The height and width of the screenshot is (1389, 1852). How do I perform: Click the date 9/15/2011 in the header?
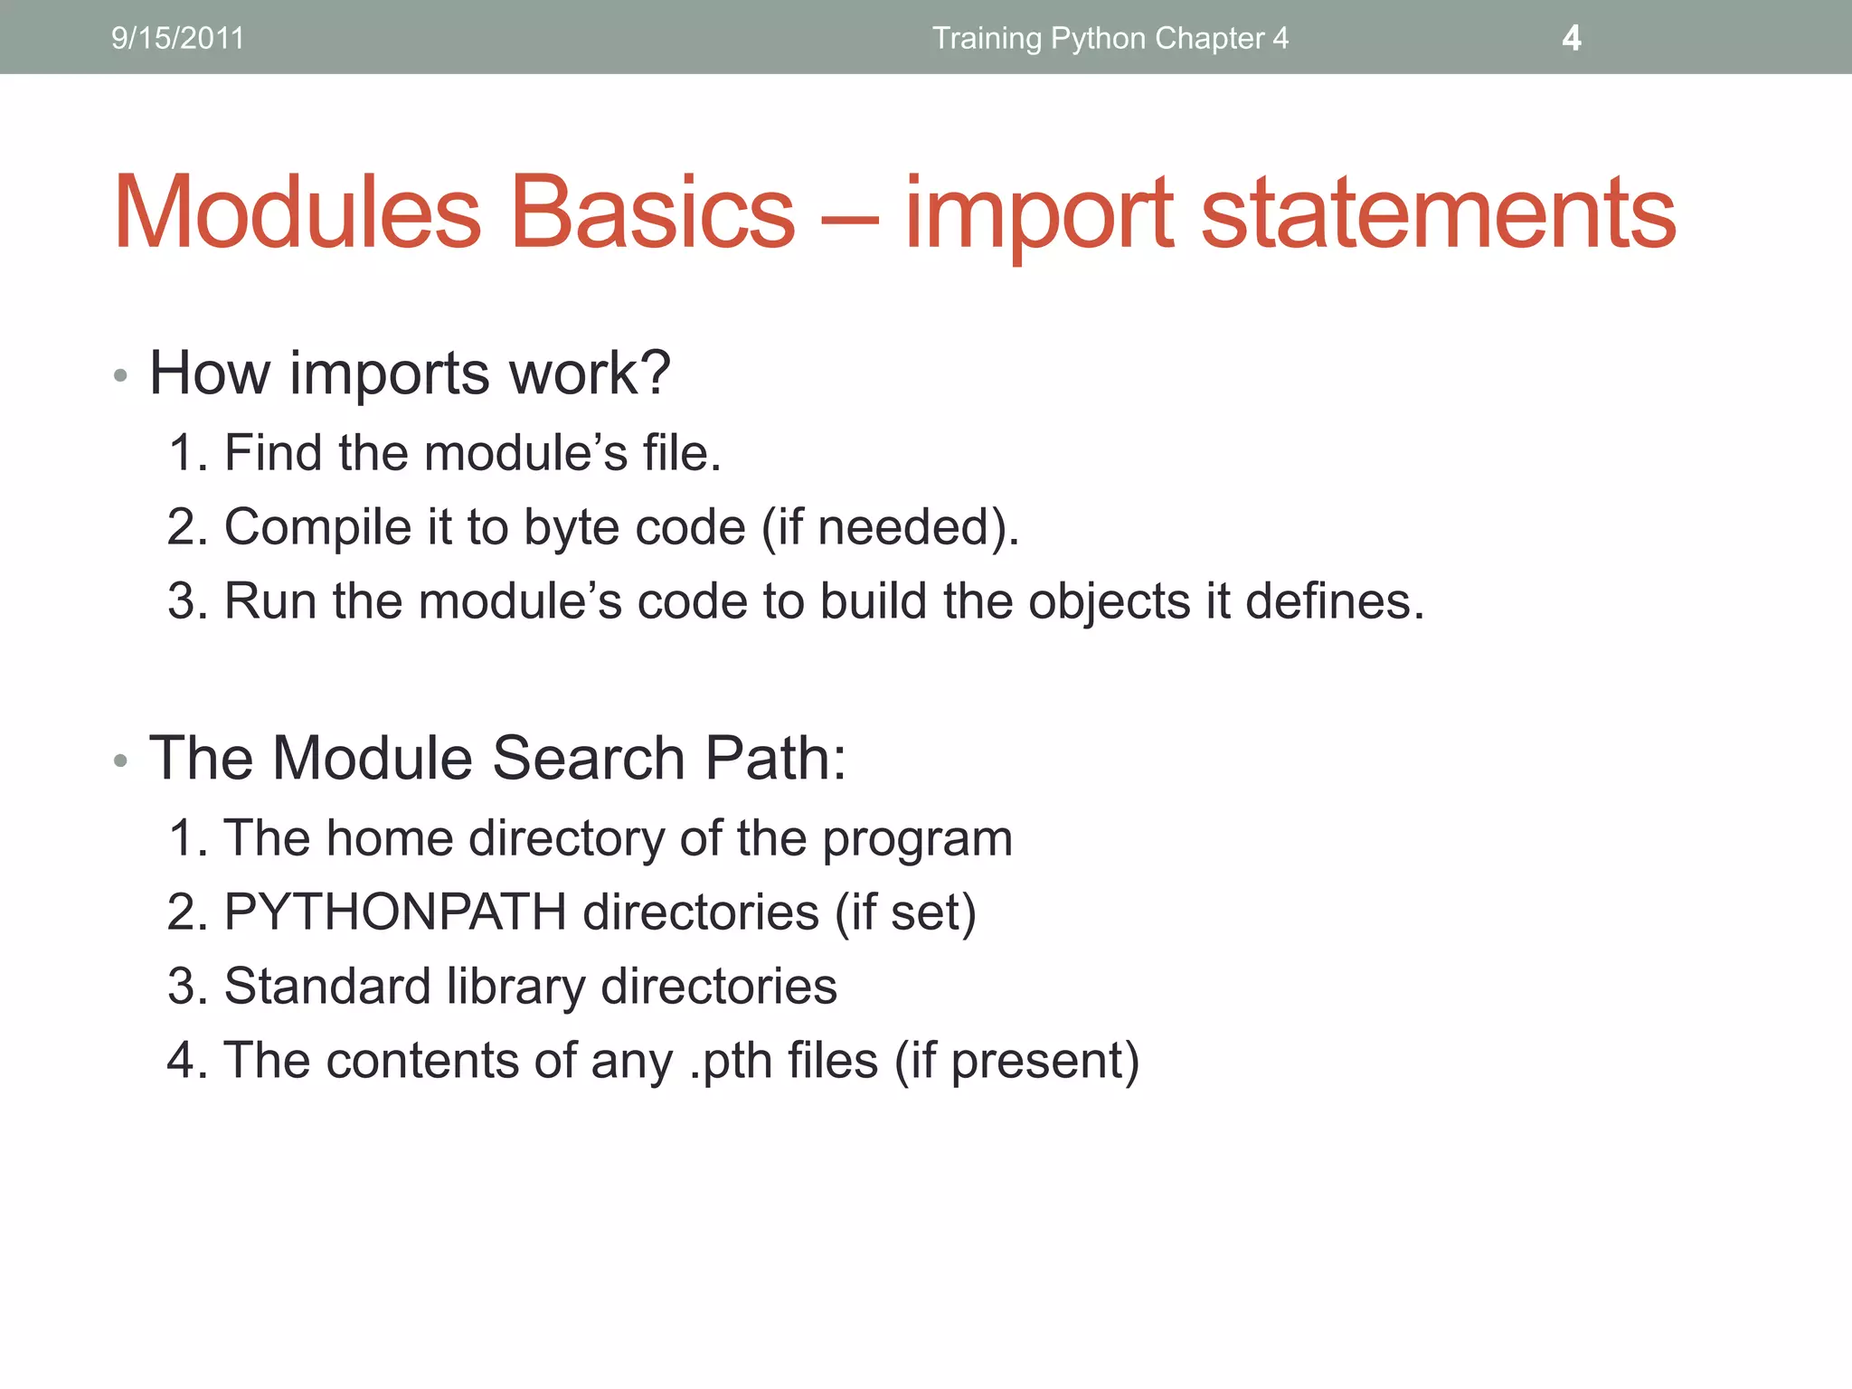(x=177, y=38)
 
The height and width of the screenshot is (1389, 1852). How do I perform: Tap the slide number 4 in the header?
(x=1572, y=38)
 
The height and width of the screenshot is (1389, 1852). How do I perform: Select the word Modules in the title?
(x=298, y=213)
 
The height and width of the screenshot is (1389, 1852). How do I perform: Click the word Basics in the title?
(x=653, y=213)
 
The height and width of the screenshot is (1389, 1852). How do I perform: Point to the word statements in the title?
(x=1438, y=213)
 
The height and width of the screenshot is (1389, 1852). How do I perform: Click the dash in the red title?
(x=850, y=217)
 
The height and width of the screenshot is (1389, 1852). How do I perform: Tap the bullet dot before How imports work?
(x=121, y=375)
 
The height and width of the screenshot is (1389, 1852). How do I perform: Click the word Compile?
(x=317, y=527)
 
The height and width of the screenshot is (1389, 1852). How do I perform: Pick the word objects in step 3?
(x=1109, y=601)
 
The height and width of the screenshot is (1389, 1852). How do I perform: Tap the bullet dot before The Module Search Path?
(x=121, y=761)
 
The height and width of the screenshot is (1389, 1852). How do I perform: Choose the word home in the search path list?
(x=390, y=838)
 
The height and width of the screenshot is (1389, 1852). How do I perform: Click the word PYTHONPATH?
(x=394, y=912)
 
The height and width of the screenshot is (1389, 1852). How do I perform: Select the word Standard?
(x=326, y=986)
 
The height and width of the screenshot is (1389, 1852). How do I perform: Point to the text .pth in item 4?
(x=730, y=1061)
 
